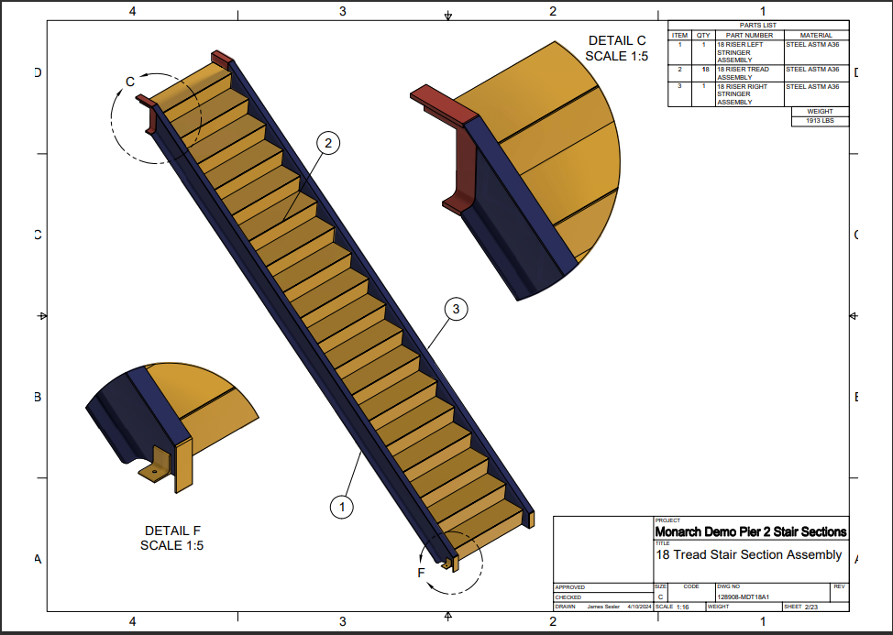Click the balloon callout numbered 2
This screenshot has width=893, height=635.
[327, 142]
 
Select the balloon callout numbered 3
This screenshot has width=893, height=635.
[456, 310]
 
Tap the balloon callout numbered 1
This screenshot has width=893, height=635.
[341, 505]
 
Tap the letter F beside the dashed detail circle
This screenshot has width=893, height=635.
[422, 574]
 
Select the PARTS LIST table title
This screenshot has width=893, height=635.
[757, 26]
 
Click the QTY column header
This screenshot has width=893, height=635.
[703, 35]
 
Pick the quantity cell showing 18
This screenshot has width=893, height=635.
[704, 70]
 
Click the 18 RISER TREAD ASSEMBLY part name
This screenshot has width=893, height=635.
[743, 73]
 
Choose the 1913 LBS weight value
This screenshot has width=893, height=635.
[820, 121]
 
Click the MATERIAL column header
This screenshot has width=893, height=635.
[816, 35]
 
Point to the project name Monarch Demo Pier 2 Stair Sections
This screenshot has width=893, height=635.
[751, 531]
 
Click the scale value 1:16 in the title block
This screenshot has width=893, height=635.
[683, 607]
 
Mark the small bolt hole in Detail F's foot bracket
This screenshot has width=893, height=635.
[154, 472]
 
